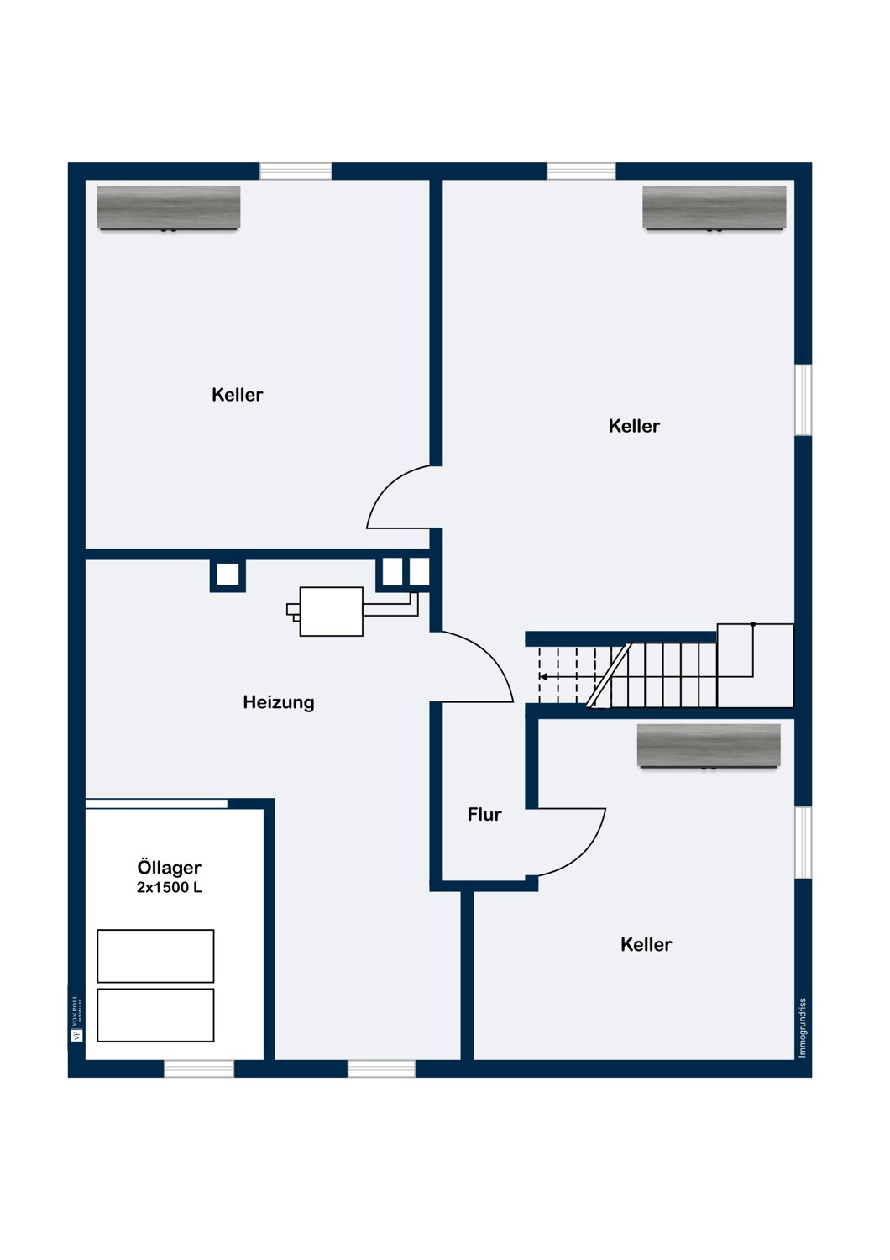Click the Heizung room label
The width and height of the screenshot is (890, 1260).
coord(278,702)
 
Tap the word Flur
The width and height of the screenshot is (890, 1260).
coord(484,814)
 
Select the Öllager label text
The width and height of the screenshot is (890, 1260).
coord(169,867)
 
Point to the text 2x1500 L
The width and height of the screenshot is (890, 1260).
coord(169,888)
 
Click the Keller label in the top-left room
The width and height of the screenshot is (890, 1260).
coord(237,395)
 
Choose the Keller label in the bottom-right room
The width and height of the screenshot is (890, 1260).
coord(646,944)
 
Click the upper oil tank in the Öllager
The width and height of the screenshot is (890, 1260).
coord(155,956)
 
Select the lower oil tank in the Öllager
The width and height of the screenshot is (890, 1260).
coord(155,1015)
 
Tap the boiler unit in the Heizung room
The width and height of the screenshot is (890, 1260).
coord(331,612)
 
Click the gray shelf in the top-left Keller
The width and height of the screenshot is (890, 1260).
coord(169,207)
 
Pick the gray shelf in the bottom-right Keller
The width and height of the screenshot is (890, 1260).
coord(709,745)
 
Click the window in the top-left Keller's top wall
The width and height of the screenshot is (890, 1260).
coord(296,171)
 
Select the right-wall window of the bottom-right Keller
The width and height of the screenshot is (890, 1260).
coord(803,843)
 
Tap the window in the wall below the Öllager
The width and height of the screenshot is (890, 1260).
coord(199,1068)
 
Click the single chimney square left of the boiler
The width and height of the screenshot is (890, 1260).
coord(228,575)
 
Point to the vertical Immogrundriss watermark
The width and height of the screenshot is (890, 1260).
coord(802,1027)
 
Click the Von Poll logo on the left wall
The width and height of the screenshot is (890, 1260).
coord(76,1018)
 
